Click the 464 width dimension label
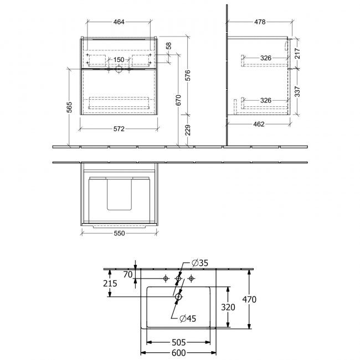pyautogui.click(x=119, y=22)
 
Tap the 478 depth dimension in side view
pyautogui.click(x=260, y=22)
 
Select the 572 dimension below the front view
pyautogui.click(x=119, y=129)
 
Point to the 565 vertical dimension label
pyautogui.click(x=69, y=107)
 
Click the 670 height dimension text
pyautogui.click(x=178, y=100)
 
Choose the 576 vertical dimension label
pyautogui.click(x=188, y=75)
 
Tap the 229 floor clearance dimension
pyautogui.click(x=188, y=130)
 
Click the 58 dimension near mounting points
pyautogui.click(x=169, y=45)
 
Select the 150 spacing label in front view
pyautogui.click(x=119, y=60)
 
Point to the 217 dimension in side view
pyautogui.click(x=297, y=53)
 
